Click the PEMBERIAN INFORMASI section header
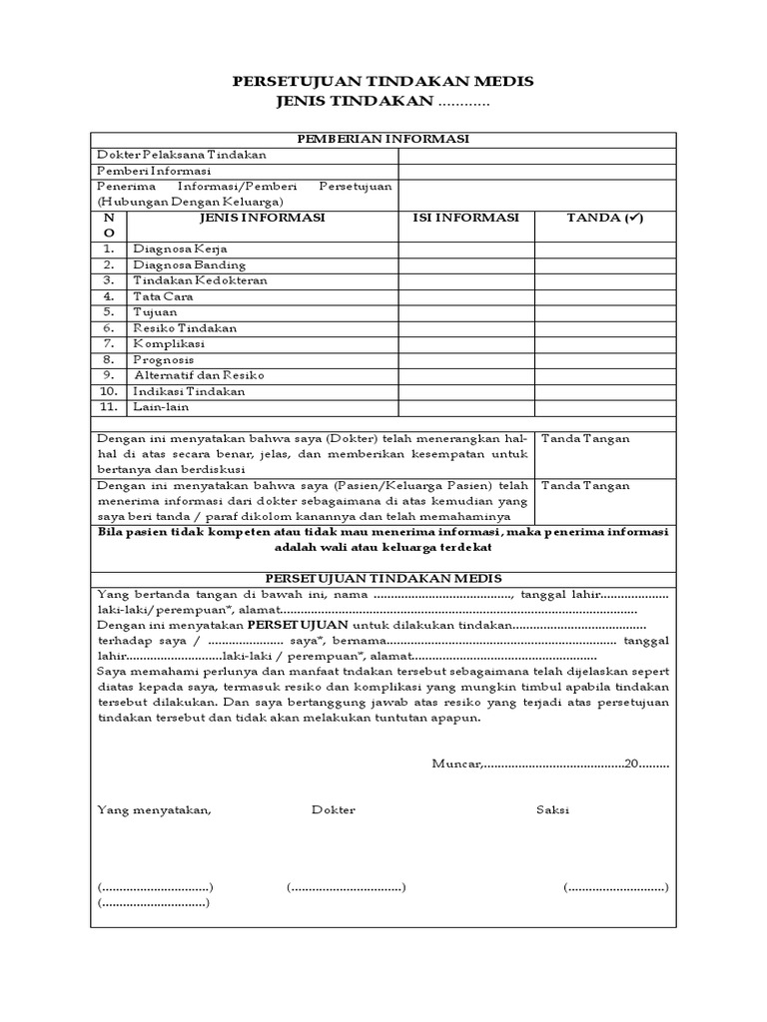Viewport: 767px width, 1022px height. (x=383, y=139)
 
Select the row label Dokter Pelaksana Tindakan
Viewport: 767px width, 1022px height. (x=181, y=155)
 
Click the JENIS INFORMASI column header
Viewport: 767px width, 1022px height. (x=262, y=218)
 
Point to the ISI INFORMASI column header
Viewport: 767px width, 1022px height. (x=465, y=218)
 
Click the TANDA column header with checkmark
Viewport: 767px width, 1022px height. (x=605, y=218)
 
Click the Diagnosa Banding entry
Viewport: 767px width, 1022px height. (x=189, y=264)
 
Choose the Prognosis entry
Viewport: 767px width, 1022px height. (x=164, y=360)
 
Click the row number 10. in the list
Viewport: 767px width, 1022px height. (x=109, y=392)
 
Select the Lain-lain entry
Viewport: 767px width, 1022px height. (x=161, y=407)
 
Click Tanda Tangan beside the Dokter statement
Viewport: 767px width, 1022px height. (x=585, y=438)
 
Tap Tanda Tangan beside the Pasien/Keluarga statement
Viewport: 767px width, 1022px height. (x=585, y=486)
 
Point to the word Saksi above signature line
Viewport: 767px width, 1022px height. (x=552, y=810)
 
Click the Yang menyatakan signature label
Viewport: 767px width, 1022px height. (x=155, y=810)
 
